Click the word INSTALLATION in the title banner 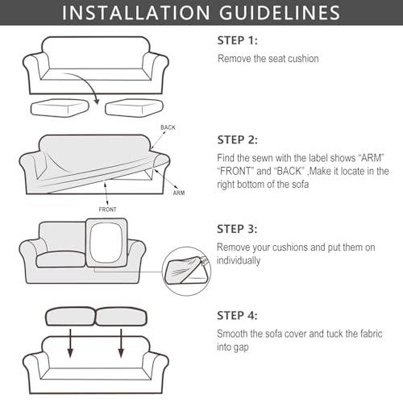(135, 13)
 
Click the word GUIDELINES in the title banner (280, 13)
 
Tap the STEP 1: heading (237, 40)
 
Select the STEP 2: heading (237, 140)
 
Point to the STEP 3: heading (237, 229)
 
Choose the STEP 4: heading (237, 316)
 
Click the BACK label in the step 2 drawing (168, 127)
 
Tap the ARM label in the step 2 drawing (179, 193)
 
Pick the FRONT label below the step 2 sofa (107, 210)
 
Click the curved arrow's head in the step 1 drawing (97, 102)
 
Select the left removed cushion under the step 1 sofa (60, 108)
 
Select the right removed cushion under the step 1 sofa (134, 108)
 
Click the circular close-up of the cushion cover (186, 272)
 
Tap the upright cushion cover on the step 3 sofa (106, 243)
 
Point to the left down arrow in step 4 (70, 343)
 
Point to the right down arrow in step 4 (121, 343)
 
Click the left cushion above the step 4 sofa (70, 316)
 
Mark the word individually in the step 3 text (239, 260)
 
